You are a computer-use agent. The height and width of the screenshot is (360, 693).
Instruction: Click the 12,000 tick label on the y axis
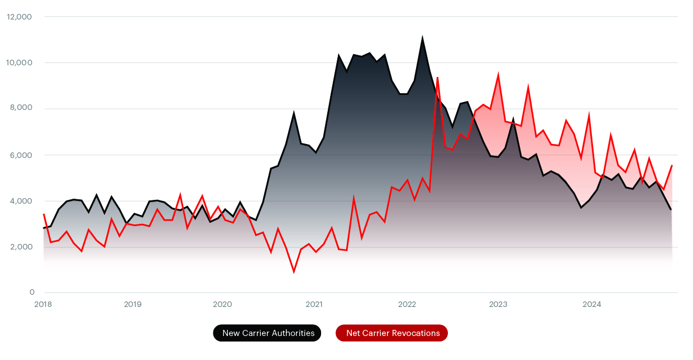coord(19,17)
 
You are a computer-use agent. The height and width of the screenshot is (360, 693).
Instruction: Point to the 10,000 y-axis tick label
coord(19,63)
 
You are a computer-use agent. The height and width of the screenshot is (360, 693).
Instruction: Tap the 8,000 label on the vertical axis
coord(21,108)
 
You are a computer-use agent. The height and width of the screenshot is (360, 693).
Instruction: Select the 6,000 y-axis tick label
coord(21,155)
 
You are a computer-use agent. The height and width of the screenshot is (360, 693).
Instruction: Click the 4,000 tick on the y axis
coord(21,201)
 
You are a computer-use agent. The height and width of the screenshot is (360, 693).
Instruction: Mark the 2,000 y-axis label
coord(21,247)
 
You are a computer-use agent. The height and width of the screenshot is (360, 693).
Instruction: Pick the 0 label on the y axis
coord(32,292)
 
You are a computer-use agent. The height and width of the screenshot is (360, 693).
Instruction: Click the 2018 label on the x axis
coord(43,304)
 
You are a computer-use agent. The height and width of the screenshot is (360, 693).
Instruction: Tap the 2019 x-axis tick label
coord(132,304)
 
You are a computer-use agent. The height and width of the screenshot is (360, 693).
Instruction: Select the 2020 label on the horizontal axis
coord(222,304)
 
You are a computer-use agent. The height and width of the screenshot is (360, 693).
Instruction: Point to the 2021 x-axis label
coord(314,304)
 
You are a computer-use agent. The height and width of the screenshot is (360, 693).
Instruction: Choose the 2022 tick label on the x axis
coord(407,304)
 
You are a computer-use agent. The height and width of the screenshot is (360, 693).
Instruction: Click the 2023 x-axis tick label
coord(498,304)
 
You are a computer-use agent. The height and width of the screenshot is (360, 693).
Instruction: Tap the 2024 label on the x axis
coord(591,304)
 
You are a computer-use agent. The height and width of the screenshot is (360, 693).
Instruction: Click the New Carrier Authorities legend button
coord(267,333)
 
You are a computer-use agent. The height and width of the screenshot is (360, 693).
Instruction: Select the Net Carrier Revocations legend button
coord(392,333)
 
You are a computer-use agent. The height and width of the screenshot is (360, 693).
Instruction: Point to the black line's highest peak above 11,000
coord(422,38)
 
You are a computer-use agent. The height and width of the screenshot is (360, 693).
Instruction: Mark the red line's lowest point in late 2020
coord(294,272)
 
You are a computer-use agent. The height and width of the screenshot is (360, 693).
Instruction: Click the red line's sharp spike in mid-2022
coord(438,78)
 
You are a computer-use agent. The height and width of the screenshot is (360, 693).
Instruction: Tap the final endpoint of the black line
coord(671,210)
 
